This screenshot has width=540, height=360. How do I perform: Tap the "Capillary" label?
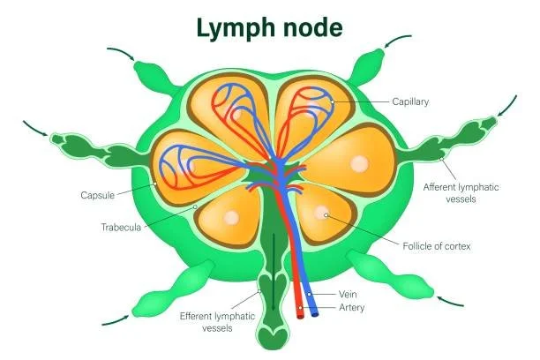tap(410, 102)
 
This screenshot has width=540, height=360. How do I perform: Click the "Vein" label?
tap(348, 294)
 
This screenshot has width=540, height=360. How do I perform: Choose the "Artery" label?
tap(351, 308)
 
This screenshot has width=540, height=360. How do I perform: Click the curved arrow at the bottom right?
tap(451, 300)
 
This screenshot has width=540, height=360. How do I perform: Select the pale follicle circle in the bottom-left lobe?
tap(230, 218)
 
